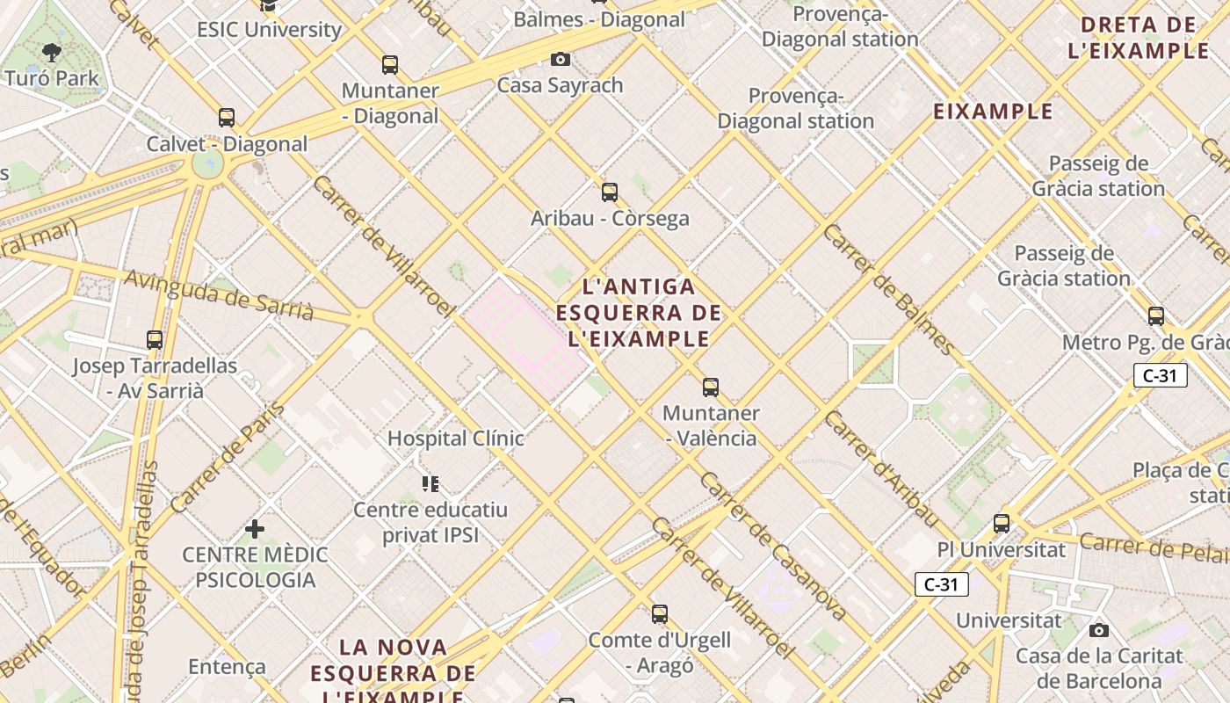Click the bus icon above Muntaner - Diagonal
(390, 64)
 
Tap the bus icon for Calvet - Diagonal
(227, 117)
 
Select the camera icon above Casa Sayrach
(560, 59)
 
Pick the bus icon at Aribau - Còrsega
(610, 192)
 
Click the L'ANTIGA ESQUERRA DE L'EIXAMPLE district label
(639, 312)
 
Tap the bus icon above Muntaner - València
(711, 387)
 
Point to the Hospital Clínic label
(455, 438)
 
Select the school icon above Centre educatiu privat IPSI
(430, 483)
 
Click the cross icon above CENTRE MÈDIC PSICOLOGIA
(255, 528)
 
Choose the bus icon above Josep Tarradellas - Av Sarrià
(155, 339)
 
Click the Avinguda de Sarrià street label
(219, 294)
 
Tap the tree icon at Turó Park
(52, 52)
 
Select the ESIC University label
(269, 29)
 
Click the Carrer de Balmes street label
(887, 288)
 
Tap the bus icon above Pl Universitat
(1001, 524)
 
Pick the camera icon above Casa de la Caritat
(1098, 630)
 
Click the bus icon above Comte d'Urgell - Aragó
(659, 614)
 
